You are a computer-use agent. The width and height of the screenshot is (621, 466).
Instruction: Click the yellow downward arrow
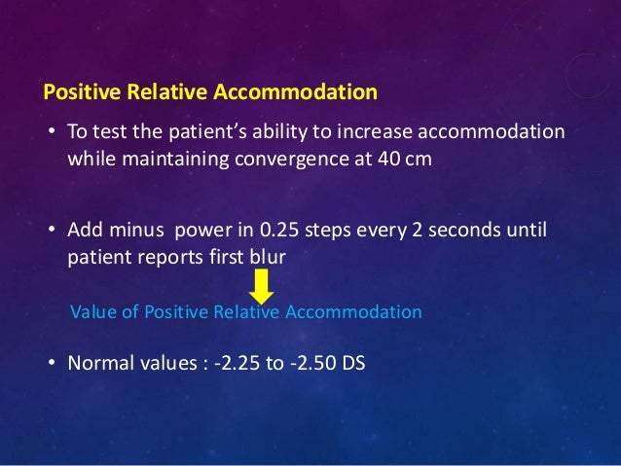coord(261,287)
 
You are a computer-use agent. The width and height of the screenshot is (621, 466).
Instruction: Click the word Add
coord(84,230)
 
